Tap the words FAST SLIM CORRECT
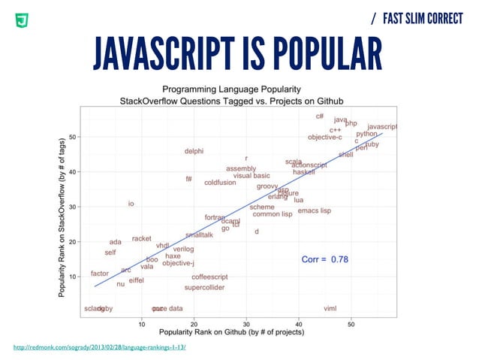pos(422,18)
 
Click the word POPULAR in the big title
pos(324,50)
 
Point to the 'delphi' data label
pos(194,152)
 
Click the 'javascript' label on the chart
pos(382,127)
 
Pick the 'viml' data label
pos(330,308)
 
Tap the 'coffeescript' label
pos(209,277)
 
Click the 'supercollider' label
pos(204,288)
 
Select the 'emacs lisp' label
pos(314,211)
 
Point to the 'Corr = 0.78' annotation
pos(324,259)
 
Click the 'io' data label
pos(131,204)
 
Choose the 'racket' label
pos(141,238)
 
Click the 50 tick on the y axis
pos(72,137)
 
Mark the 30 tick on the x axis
pos(247,324)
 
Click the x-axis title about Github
pos(236,333)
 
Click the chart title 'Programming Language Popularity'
pos(238,88)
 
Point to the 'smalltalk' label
pos(199,235)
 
